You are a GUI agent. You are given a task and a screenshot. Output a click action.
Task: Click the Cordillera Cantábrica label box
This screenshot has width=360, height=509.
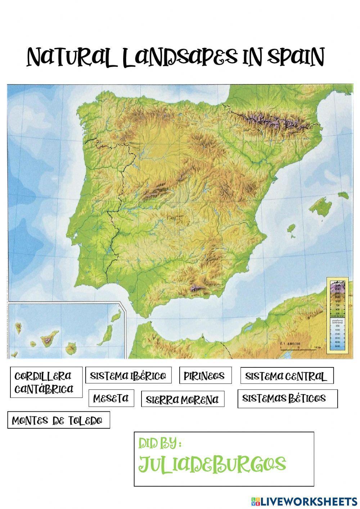pyautogui.click(x=46, y=382)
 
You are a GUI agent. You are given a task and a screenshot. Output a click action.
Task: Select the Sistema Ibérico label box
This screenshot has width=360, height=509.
pyautogui.click(x=128, y=376)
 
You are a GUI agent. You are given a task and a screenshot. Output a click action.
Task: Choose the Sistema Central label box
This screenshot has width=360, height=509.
pyautogui.click(x=287, y=376)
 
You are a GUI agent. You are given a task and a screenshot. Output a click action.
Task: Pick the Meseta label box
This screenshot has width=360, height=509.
pyautogui.click(x=111, y=398)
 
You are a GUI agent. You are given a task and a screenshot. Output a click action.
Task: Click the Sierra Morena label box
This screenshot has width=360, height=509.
pyautogui.click(x=183, y=399)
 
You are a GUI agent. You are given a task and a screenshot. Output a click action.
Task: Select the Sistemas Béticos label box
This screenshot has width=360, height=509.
pyautogui.click(x=287, y=398)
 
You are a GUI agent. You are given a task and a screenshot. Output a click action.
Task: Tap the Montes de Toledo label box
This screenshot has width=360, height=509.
pyautogui.click(x=58, y=420)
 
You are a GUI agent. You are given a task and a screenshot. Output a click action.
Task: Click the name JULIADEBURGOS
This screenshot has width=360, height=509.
pyautogui.click(x=212, y=464)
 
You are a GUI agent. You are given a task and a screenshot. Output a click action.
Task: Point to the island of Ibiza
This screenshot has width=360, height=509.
pyautogui.click(x=291, y=228)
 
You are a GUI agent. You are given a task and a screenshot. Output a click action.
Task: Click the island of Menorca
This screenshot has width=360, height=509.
pyautogui.click(x=343, y=195)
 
